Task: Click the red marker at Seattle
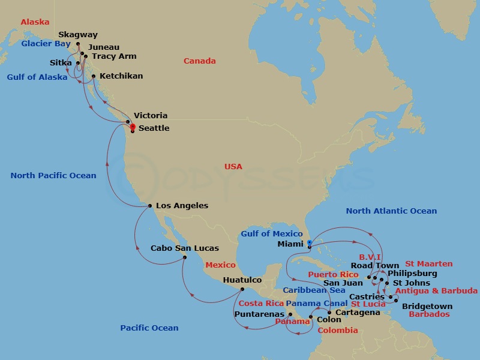(133, 126)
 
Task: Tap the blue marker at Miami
(309, 243)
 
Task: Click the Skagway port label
(78, 35)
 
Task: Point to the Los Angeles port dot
(149, 206)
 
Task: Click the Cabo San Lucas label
(184, 248)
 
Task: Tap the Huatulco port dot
(242, 289)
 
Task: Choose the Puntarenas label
(259, 314)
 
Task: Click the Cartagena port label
(358, 312)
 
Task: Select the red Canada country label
(199, 61)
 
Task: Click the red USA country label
(233, 166)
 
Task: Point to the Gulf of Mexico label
(271, 233)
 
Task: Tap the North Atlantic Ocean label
(391, 211)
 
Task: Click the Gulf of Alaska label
(37, 77)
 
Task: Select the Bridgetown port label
(427, 306)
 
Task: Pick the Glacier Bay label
(46, 43)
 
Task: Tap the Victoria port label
(151, 115)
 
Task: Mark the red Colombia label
(337, 330)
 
